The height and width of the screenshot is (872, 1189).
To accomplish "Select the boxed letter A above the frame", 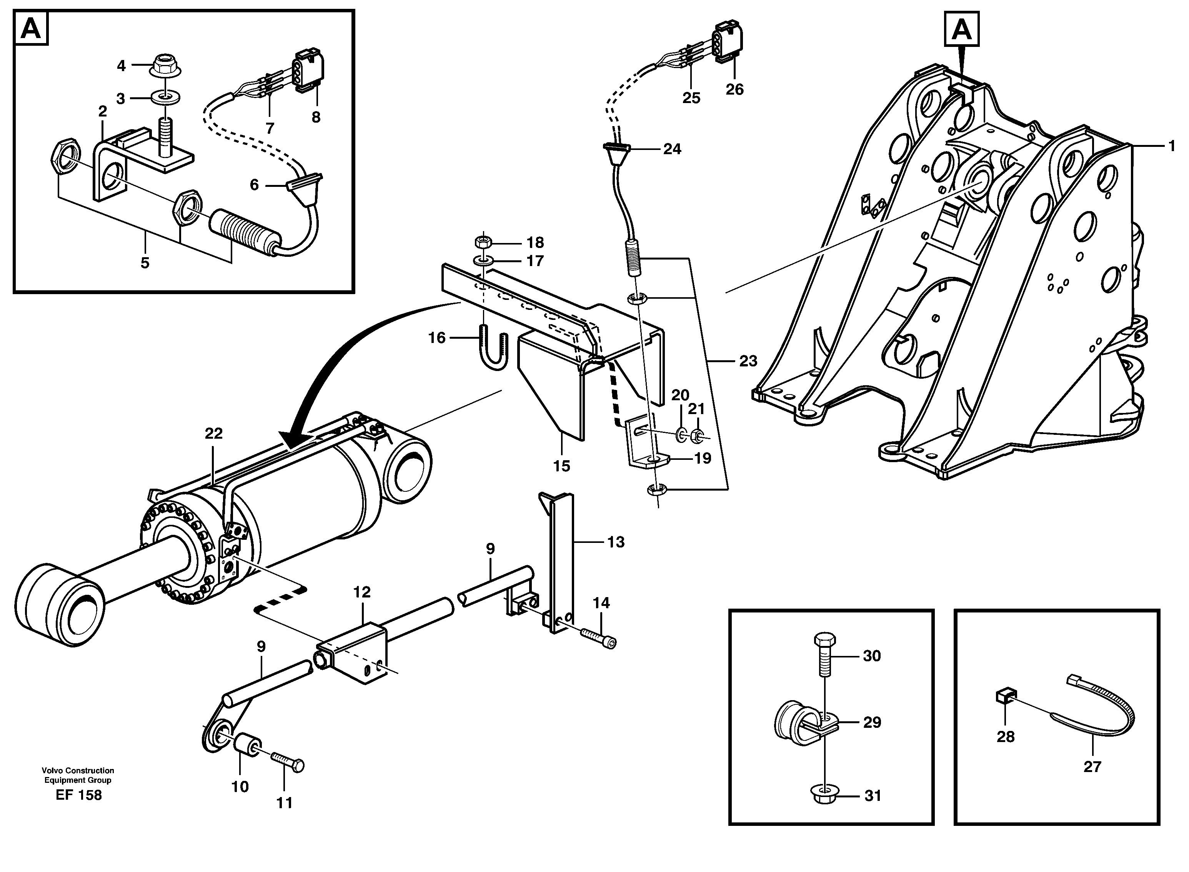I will [x=961, y=30].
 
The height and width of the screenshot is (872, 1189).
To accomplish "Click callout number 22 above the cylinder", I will [x=213, y=433].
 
